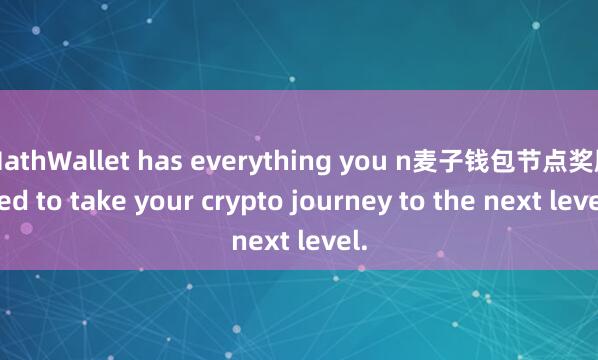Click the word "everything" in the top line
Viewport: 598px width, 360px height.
point(214,160)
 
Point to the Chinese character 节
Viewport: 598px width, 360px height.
point(515,160)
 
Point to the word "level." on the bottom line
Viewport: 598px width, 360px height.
point(328,241)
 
